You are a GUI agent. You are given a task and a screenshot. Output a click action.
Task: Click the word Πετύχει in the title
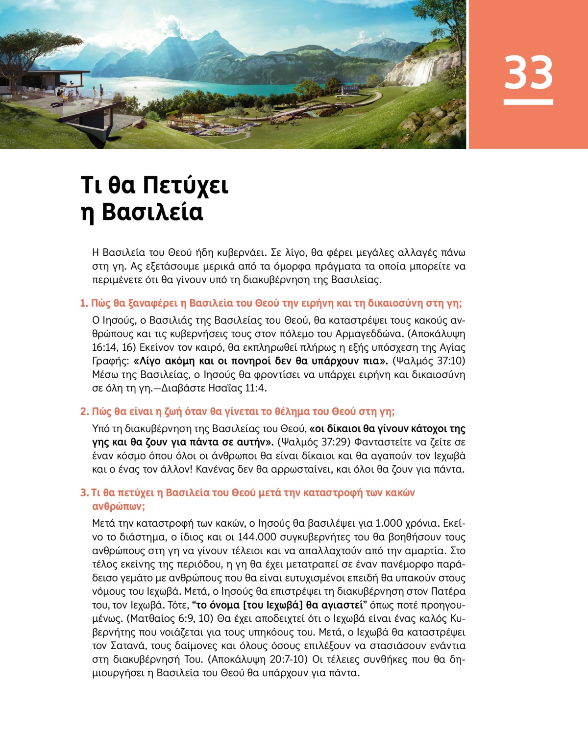186,185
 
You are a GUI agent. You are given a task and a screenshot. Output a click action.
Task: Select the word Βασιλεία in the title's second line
152,212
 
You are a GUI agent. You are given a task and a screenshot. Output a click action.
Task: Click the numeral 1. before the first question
84,303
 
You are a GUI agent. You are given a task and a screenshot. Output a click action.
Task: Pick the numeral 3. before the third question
84,493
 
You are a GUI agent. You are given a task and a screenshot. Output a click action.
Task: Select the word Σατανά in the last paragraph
129,646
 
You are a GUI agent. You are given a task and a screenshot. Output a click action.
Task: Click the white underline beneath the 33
528,102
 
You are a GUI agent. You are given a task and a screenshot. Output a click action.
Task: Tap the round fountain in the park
229,131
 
